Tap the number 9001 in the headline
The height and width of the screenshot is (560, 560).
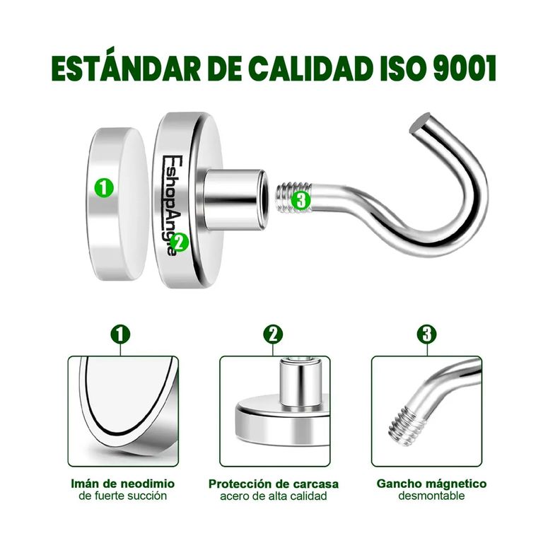coord(465,68)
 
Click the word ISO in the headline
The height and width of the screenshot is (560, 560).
coord(402,68)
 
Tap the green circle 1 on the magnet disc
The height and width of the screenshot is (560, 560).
coord(103,187)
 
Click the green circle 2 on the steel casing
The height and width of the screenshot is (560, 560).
coord(179,242)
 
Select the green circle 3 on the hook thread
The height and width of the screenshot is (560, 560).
coord(301,200)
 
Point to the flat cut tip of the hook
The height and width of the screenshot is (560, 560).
coord(421,122)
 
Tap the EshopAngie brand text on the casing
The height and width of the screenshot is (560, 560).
coord(170,205)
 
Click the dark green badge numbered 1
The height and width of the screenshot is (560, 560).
coord(120,334)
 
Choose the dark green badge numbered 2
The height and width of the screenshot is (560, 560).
coord(273,334)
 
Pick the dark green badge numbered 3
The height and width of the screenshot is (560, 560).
coord(427,334)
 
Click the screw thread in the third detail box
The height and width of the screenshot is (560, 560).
coord(407,426)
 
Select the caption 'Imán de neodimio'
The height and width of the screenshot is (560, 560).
coord(123,484)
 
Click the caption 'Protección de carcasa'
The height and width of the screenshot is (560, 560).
coord(274,484)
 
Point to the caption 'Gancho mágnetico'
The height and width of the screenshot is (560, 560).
coord(431,484)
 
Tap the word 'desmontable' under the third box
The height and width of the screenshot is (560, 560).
coord(431,496)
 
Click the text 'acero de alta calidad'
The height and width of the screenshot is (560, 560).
coord(274,496)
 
